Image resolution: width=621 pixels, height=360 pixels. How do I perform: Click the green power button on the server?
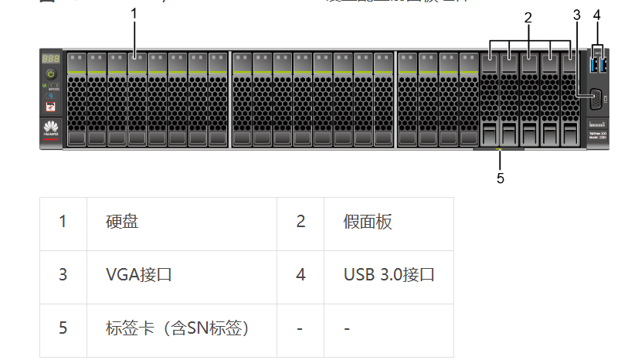coord(51,73)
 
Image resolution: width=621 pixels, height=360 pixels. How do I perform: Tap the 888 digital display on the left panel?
coord(51,59)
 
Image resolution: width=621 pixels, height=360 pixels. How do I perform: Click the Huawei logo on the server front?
coord(51,129)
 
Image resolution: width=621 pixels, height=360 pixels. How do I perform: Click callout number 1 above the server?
coord(134,13)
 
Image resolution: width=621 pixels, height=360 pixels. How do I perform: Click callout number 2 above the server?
coord(528,17)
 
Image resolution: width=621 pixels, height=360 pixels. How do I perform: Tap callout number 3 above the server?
coord(576,14)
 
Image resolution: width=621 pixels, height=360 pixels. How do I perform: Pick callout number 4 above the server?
coord(596,14)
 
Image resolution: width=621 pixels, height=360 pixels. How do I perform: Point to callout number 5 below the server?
coord(500,178)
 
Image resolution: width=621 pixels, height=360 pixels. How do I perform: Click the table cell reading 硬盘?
coord(122,222)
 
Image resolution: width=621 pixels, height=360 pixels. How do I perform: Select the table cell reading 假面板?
coord(368,222)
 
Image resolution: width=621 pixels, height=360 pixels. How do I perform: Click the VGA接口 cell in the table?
coord(138,274)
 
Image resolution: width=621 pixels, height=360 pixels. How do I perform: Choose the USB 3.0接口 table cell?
coord(389,274)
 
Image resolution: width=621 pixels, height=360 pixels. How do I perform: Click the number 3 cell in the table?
coord(63,274)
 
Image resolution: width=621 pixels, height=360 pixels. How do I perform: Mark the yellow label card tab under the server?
coord(499,149)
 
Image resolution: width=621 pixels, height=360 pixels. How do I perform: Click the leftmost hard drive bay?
coord(76,99)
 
